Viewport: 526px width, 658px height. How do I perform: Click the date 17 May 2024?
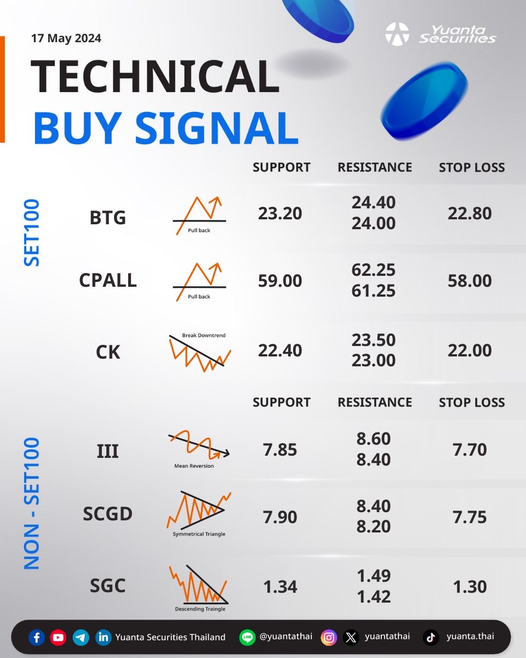tap(66, 38)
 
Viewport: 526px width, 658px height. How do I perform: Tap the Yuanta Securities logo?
tap(440, 34)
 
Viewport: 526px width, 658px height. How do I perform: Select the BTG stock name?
tap(107, 218)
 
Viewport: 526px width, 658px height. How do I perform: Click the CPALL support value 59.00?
tap(280, 281)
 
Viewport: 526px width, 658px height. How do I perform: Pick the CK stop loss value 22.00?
tap(470, 350)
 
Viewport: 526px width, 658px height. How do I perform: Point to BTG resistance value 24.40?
tap(374, 202)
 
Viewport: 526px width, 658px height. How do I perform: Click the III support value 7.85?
tap(280, 450)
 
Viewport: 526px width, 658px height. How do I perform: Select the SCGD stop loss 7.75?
tap(470, 517)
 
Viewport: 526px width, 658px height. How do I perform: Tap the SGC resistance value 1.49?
tap(374, 576)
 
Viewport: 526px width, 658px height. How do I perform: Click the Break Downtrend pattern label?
tap(204, 336)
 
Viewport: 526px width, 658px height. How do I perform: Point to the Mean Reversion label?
tap(194, 466)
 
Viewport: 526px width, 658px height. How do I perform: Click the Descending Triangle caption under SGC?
tap(200, 609)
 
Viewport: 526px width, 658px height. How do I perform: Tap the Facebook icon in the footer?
tap(37, 638)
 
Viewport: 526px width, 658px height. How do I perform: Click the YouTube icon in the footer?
tap(58, 638)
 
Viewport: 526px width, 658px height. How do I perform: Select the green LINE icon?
tap(247, 638)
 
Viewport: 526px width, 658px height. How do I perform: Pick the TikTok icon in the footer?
tap(431, 638)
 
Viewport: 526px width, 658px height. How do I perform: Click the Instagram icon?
tap(329, 638)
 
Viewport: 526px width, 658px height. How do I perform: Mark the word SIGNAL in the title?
tap(216, 128)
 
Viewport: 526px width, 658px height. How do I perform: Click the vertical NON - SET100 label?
tap(32, 503)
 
